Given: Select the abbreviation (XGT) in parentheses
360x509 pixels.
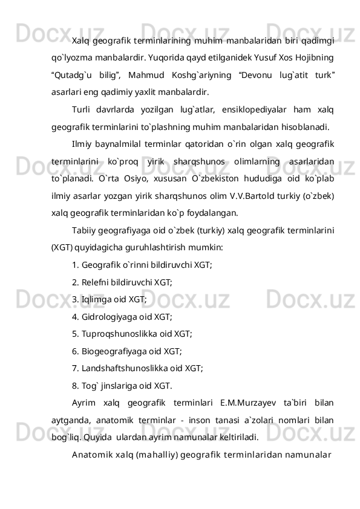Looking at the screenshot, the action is pos(62,247).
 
